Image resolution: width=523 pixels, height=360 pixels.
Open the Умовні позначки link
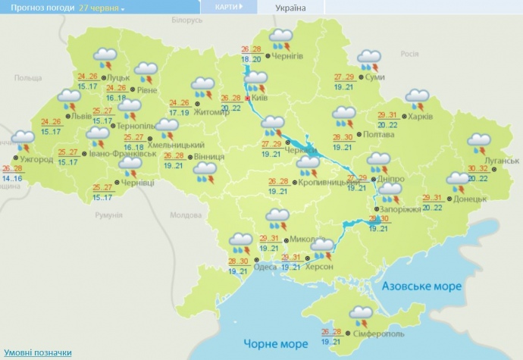coord(38,352)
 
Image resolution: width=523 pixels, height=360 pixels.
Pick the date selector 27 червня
coord(102,8)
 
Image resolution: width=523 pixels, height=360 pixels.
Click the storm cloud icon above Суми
coord(369,58)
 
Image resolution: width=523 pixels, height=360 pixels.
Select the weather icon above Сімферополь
coord(359,314)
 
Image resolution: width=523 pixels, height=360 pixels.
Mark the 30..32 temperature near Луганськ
coord(479,169)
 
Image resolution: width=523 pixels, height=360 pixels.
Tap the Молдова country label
coord(186,215)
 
